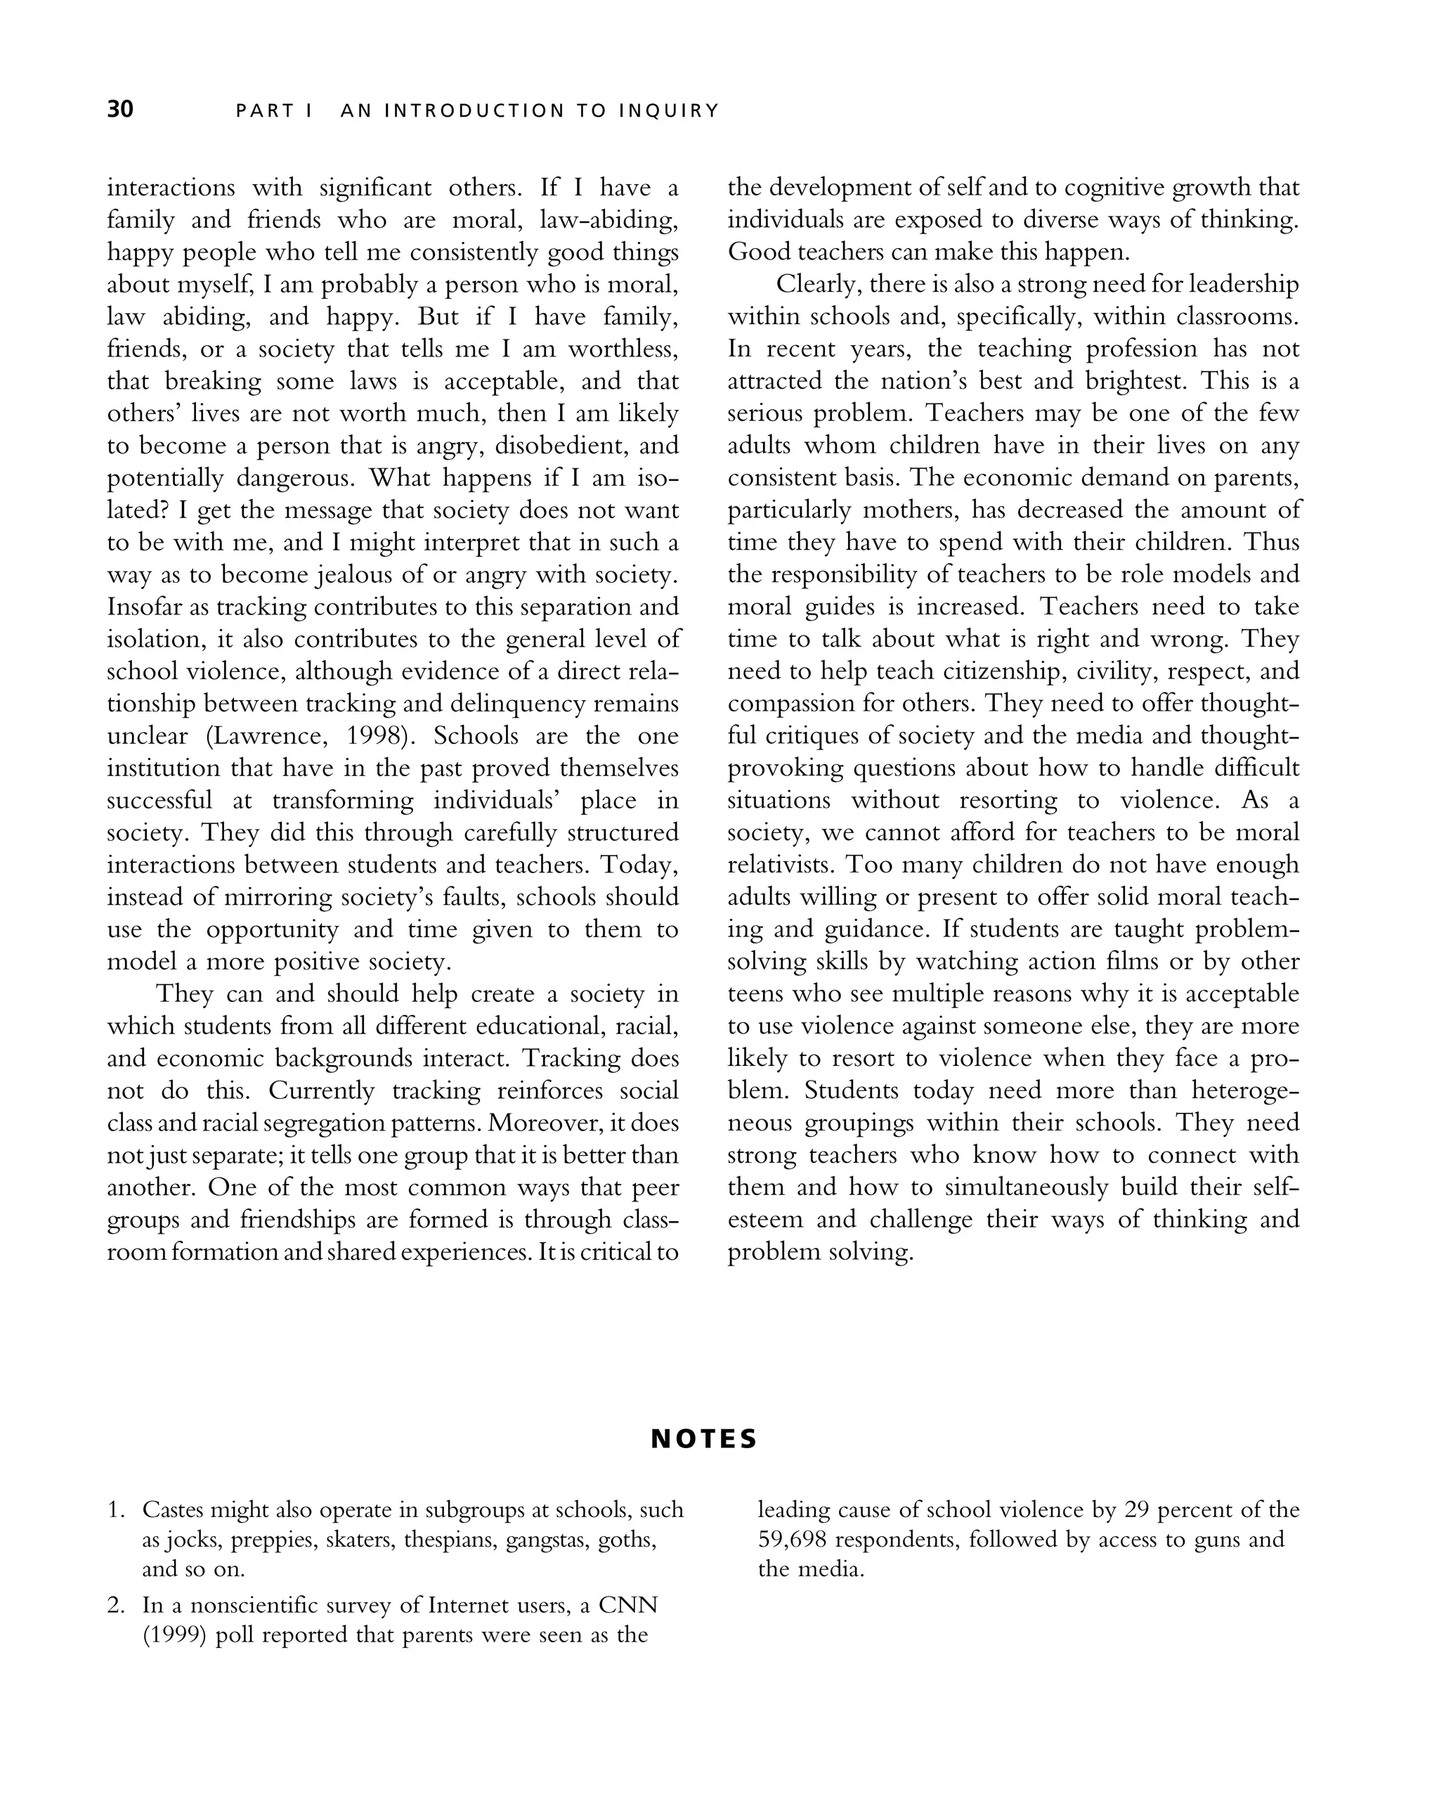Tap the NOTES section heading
pyautogui.click(x=704, y=1438)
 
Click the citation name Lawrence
pyautogui.click(x=271, y=735)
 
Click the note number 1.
pyautogui.click(x=116, y=1509)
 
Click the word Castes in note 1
pyautogui.click(x=173, y=1509)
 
